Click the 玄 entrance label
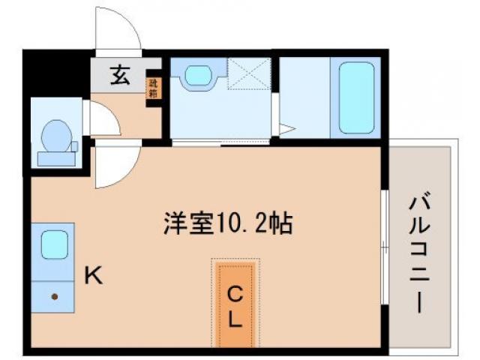119,75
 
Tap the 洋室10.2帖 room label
228,223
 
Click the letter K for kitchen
92,276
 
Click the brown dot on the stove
55,296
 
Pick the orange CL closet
235,304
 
